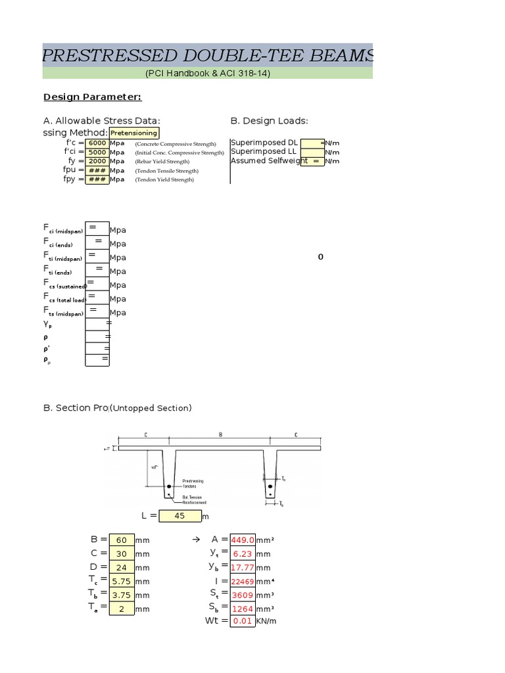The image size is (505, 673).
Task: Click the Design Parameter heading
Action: [x=92, y=97]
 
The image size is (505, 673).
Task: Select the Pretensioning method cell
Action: [x=133, y=133]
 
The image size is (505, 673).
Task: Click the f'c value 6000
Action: [x=97, y=143]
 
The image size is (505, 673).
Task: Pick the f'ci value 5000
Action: [x=97, y=152]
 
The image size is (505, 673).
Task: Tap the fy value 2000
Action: [x=97, y=161]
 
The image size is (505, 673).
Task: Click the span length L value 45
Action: [x=180, y=516]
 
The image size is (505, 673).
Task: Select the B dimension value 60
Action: [x=122, y=540]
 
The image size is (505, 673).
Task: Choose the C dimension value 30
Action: [x=122, y=554]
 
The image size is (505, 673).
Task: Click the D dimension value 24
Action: [x=122, y=568]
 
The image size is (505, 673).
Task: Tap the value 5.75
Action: [x=122, y=582]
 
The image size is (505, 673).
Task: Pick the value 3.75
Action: [x=122, y=595]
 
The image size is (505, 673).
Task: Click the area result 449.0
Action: [x=242, y=540]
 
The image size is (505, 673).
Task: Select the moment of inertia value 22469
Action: [x=242, y=582]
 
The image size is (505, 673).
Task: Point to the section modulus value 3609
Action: [x=242, y=595]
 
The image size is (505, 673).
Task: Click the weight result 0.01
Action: [x=242, y=621]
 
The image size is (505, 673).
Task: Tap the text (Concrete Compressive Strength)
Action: [x=176, y=143]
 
